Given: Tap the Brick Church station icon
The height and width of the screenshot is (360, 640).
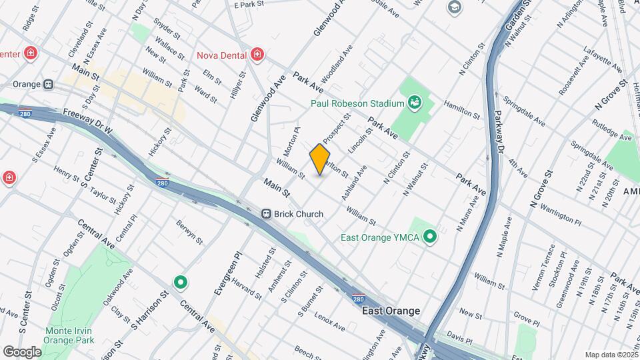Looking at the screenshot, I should (266, 214).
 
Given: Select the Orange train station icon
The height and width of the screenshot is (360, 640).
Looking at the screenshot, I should (48, 85).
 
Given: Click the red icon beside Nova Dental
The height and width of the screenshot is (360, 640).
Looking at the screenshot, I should (257, 55).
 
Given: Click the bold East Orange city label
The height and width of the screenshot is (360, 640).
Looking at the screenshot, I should (391, 311).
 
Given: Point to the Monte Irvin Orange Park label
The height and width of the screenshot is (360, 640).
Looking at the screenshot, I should (63, 335).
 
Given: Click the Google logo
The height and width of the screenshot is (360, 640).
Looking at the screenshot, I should (22, 351).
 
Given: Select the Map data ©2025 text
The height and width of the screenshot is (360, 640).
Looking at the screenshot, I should (610, 355).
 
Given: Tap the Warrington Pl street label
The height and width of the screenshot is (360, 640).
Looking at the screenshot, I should (559, 217).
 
